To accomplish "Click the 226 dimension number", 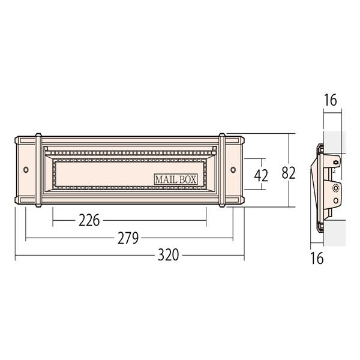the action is coord(89,220).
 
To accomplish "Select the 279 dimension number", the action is coord(128,238).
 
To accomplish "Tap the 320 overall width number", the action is coord(168,255).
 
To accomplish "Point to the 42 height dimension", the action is coord(261,176).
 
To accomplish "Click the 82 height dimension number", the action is coord(289,173).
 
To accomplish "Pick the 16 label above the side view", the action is coord(330,100).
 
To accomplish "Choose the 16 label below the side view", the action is coord(317,258).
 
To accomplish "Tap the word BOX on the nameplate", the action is coord(188,179).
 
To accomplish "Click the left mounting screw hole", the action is coord(26,170).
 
